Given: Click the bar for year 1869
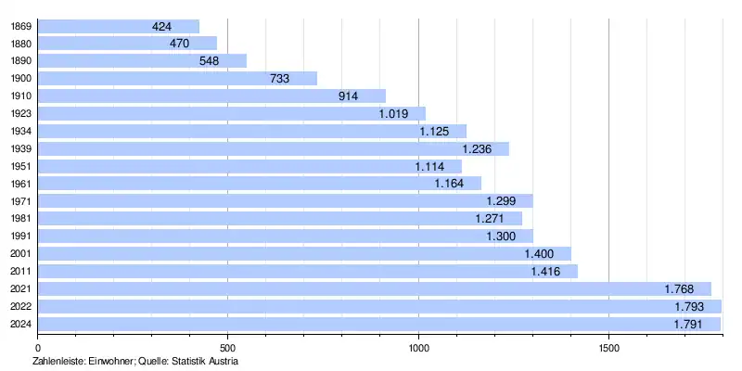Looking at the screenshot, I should [118, 26].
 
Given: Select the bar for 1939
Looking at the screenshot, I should [273, 148].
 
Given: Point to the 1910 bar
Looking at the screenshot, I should [211, 96].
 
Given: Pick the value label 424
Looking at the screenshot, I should [162, 26].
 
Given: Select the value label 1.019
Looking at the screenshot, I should [394, 113].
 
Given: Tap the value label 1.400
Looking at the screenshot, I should [540, 253].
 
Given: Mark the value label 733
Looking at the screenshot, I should [280, 79].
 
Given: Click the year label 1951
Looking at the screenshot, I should [20, 166].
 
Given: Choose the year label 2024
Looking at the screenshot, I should [20, 324].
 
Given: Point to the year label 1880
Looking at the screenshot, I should [20, 44].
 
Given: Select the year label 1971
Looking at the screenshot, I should [20, 201].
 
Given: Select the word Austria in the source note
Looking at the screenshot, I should [223, 360].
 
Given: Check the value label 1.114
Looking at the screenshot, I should [430, 166].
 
